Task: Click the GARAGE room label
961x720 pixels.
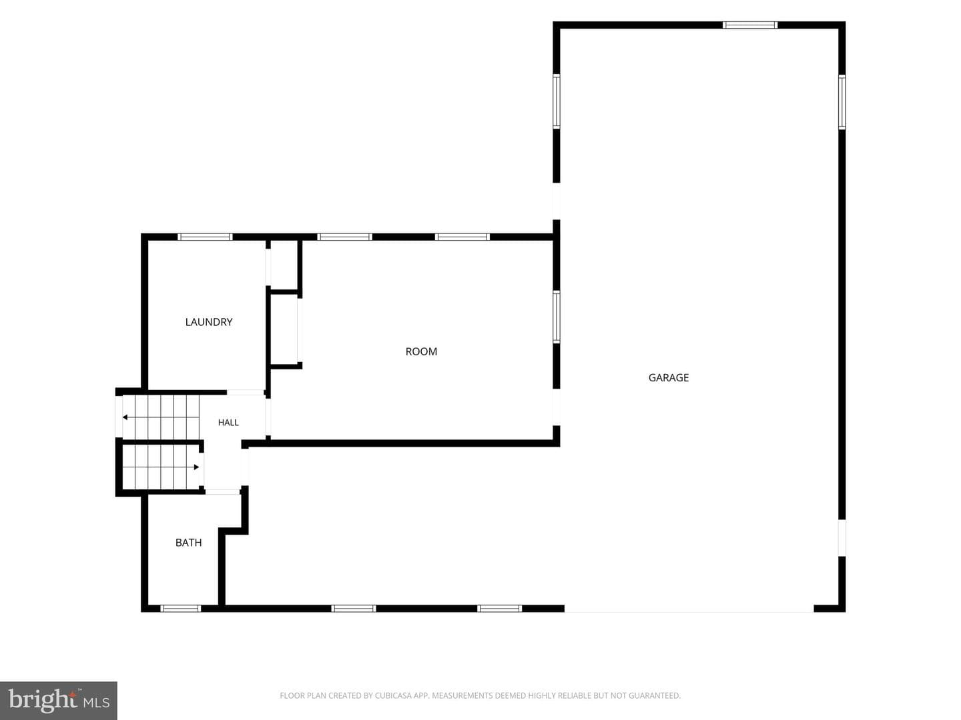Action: [x=668, y=378]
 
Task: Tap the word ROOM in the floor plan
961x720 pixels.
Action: [x=421, y=351]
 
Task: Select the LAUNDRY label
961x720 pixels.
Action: [x=209, y=322]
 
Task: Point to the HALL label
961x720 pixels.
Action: [x=228, y=422]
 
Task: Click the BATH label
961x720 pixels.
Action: [x=189, y=543]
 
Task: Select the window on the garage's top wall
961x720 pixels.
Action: [x=750, y=25]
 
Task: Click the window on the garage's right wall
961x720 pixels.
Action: [x=842, y=102]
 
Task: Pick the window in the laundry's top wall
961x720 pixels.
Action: [x=205, y=237]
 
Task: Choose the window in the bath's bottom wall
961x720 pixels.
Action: [x=180, y=609]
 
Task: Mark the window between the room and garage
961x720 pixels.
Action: [x=557, y=317]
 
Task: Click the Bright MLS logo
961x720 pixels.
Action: [x=59, y=701]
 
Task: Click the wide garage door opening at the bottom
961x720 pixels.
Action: [x=689, y=609]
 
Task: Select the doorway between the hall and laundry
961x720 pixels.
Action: [x=245, y=392]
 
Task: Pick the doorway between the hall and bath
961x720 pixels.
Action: [x=222, y=492]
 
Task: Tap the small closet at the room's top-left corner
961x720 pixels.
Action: [x=284, y=264]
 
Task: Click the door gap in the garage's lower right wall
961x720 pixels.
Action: [x=842, y=538]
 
